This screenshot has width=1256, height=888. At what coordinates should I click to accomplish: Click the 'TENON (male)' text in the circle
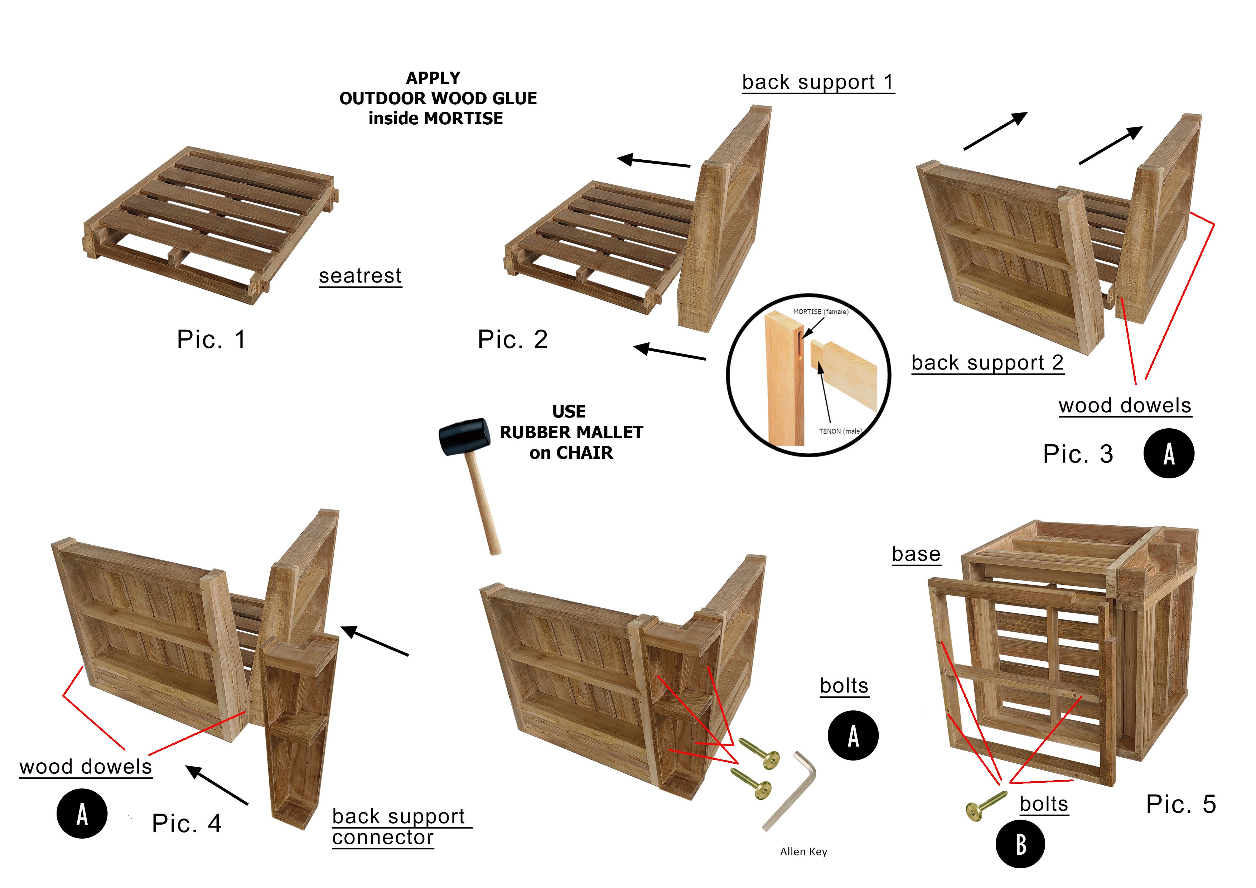pyautogui.click(x=840, y=431)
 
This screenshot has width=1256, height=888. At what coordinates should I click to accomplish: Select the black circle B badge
pyautogui.click(x=1020, y=844)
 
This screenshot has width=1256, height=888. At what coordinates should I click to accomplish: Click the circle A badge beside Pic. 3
pyautogui.click(x=1169, y=454)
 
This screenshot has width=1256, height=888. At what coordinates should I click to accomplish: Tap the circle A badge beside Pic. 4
pyautogui.click(x=82, y=814)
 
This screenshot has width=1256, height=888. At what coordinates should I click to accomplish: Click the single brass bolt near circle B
pyautogui.click(x=986, y=805)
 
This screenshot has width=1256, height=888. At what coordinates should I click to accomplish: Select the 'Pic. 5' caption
pyautogui.click(x=1180, y=804)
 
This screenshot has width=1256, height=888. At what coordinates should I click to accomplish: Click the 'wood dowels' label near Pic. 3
pyautogui.click(x=1125, y=405)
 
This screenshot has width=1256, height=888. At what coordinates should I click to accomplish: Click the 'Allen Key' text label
pyautogui.click(x=803, y=851)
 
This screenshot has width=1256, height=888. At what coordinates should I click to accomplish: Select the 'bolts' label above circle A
pyautogui.click(x=844, y=686)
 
